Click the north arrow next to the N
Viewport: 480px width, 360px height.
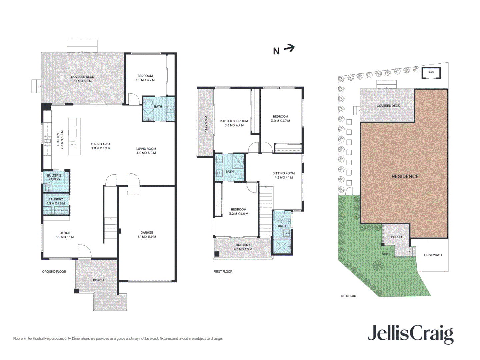[x=289, y=48]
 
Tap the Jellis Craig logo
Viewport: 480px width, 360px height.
[x=410, y=334]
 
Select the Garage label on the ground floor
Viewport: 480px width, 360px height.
[x=147, y=235]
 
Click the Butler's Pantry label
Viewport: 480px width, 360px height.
[x=54, y=177]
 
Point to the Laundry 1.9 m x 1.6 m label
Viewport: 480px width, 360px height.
[x=56, y=201]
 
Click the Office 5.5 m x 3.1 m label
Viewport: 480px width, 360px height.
[x=65, y=235]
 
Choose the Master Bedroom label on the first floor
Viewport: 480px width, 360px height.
[x=234, y=123]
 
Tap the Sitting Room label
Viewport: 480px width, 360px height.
[x=284, y=175]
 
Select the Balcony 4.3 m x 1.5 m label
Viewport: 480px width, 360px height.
[x=243, y=247]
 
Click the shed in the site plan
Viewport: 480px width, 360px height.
[x=431, y=73]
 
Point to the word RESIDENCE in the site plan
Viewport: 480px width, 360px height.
[x=405, y=176]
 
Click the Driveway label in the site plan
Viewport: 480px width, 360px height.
[x=433, y=255]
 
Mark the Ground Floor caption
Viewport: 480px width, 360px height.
[x=54, y=272]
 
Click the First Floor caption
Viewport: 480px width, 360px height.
[x=223, y=272]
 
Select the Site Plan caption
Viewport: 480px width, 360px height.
[x=349, y=296]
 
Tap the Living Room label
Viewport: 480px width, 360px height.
[x=146, y=151]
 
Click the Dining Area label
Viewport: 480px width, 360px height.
[x=101, y=146]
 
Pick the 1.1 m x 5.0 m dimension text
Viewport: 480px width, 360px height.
[x=206, y=125]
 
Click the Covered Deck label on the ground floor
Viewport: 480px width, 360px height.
[x=82, y=79]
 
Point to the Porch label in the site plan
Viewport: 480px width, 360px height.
[x=396, y=237]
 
